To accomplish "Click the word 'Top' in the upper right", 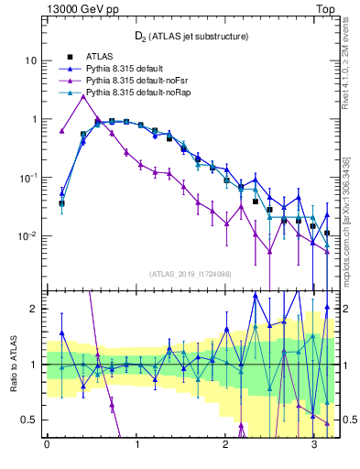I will click(325, 8).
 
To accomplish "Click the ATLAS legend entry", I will click(102, 56).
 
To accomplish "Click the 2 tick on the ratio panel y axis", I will click(36, 309).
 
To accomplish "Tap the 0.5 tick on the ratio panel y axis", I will click(32, 420).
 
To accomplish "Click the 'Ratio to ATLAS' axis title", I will click(12, 364).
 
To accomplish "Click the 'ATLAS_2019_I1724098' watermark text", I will click(191, 273).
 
